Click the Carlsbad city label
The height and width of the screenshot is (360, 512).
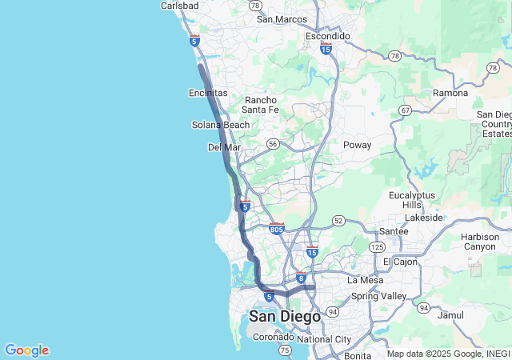(179, 6)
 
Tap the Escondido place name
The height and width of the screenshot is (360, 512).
(328, 36)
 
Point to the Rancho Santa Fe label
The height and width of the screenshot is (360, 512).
(261, 105)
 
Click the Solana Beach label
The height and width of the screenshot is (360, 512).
(221, 125)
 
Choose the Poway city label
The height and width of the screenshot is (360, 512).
(357, 145)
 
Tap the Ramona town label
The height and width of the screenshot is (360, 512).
(450, 93)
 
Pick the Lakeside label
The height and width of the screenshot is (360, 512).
(424, 217)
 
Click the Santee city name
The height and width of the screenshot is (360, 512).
(393, 231)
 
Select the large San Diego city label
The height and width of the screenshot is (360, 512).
(285, 317)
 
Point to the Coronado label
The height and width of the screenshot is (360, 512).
(274, 337)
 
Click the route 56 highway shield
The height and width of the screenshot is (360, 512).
(274, 144)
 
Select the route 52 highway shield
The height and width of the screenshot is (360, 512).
(338, 220)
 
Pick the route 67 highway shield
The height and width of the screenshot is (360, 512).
(406, 110)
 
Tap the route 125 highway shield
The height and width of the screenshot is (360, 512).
(377, 248)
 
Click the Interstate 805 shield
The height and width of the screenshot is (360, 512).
(277, 229)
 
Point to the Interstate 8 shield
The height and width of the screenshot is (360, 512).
(301, 278)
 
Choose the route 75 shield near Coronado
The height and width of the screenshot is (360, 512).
(285, 350)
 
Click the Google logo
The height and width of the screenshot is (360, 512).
(26, 350)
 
